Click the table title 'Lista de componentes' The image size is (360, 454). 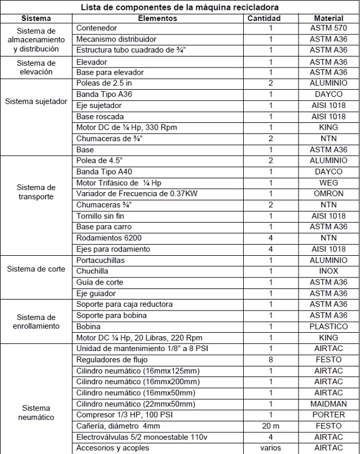click(x=180, y=7)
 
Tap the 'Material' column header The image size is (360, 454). click(x=328, y=18)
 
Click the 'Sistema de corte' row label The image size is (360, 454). click(x=36, y=270)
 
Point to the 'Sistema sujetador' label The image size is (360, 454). click(x=36, y=101)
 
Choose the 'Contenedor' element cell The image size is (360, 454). click(x=97, y=28)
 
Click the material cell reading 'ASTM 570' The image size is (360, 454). click(x=328, y=28)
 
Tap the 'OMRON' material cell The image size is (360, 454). click(x=328, y=194)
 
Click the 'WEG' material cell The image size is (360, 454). click(x=328, y=183)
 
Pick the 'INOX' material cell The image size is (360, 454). click(x=328, y=271)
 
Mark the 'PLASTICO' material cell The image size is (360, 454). click(x=328, y=327)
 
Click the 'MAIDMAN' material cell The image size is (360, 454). click(x=328, y=404)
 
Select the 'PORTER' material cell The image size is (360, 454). click(x=328, y=415)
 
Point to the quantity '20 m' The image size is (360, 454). click(x=271, y=426)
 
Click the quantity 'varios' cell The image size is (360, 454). click(x=271, y=448)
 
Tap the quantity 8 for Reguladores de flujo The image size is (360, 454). click(x=271, y=359)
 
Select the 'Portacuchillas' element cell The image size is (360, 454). click(x=100, y=260)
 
